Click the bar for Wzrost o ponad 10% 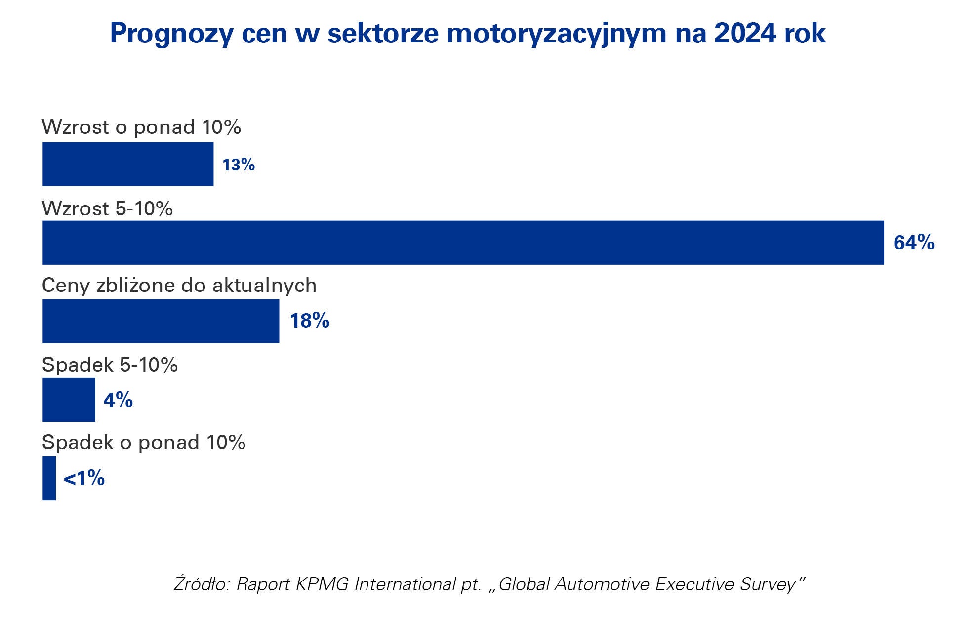(128, 164)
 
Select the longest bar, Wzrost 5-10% (463, 243)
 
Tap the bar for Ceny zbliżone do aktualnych (161, 321)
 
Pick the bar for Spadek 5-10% (69, 400)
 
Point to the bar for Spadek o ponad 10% (49, 478)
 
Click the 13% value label (239, 165)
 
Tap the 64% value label (914, 243)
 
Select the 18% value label (309, 321)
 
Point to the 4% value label (118, 400)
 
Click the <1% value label (84, 478)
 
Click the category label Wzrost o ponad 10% (141, 127)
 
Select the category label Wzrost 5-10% (107, 208)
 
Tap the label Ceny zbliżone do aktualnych (179, 286)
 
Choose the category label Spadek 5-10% (110, 365)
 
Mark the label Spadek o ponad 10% (143, 442)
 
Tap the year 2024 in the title (745, 33)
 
